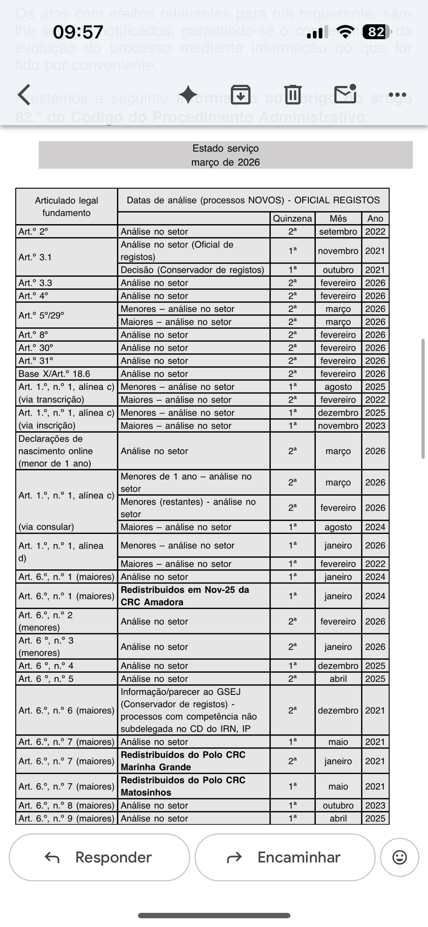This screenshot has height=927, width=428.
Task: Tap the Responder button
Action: (99, 857)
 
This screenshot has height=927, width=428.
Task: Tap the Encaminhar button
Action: (285, 857)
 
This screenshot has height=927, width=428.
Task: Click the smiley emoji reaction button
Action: (399, 857)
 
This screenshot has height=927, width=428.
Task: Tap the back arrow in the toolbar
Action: (25, 95)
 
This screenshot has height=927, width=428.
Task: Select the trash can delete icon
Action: (293, 95)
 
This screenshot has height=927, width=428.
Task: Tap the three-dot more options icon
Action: (397, 95)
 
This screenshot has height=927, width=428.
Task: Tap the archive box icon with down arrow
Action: (241, 95)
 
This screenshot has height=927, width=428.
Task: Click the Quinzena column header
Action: (292, 218)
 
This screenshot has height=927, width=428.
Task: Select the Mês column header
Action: (338, 218)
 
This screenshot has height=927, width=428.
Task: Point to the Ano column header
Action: (375, 218)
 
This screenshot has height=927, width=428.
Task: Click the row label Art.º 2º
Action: (33, 231)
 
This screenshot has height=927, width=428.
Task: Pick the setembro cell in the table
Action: (338, 231)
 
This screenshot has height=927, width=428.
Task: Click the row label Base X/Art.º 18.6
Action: (54, 374)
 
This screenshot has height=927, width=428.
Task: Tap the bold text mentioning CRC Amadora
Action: (185, 596)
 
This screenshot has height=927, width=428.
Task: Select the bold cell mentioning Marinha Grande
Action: (183, 761)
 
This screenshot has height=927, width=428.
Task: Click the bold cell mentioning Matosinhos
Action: (183, 786)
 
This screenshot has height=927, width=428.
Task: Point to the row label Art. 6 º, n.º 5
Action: (46, 679)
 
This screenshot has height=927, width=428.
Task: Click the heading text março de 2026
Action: (225, 162)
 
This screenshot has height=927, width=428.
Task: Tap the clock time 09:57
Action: (78, 32)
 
